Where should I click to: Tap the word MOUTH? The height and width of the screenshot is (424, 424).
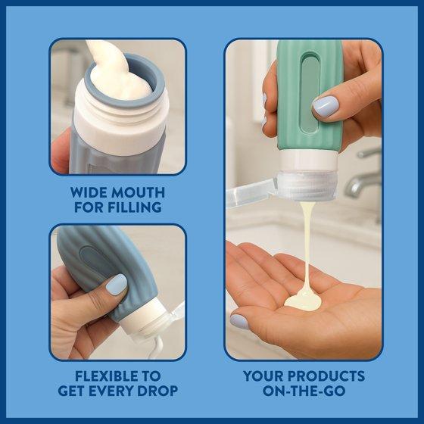138,192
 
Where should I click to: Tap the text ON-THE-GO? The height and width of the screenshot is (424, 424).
304,391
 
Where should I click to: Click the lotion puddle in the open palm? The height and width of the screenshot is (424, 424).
303,301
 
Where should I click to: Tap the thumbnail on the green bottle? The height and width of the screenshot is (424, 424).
326,106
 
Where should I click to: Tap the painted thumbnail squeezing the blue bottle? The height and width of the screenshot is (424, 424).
117,284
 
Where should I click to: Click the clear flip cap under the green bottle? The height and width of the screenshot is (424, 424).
306,186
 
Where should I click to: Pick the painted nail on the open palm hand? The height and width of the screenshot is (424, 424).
239,322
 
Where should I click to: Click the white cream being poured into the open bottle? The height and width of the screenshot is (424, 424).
114,72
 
